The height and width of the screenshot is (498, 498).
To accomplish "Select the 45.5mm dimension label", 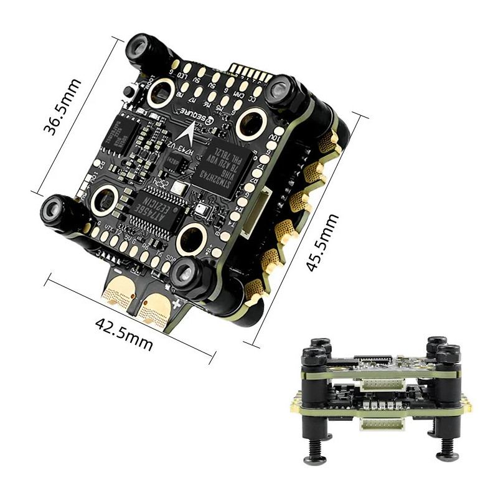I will tap(322, 243).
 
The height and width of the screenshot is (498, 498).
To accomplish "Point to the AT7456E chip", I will tap(153, 210).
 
